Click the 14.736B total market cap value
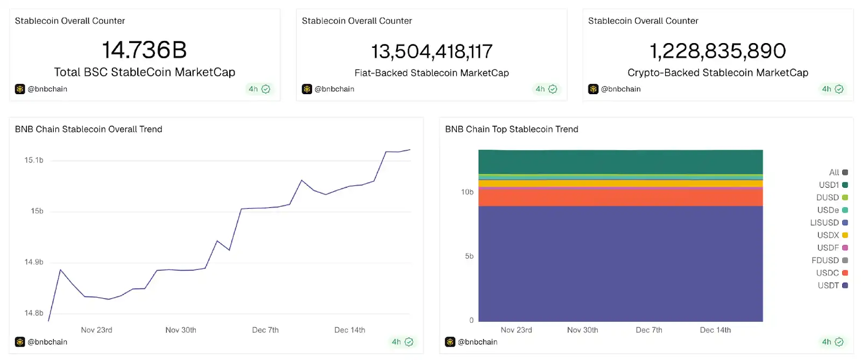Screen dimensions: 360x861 (144, 50)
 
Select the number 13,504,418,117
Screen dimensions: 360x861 (432, 52)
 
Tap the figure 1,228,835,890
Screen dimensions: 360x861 (718, 51)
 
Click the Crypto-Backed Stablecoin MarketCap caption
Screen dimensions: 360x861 (718, 73)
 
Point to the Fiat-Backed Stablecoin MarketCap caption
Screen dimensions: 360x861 (432, 73)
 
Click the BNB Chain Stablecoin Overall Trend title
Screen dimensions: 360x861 (89, 129)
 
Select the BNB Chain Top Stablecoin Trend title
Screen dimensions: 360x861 (511, 129)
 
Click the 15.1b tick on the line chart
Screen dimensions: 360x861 (34, 160)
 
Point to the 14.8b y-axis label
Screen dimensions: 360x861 (34, 313)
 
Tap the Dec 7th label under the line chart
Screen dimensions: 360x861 (265, 330)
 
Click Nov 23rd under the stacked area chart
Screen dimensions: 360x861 (516, 330)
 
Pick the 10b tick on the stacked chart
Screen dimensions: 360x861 (467, 192)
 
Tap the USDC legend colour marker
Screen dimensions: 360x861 (845, 273)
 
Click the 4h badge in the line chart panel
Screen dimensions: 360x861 (402, 342)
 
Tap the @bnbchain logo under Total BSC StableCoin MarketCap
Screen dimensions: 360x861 (20, 89)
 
